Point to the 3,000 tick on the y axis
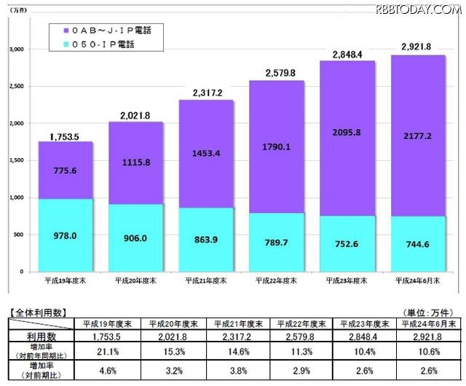[15, 50]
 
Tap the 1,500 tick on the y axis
[15, 160]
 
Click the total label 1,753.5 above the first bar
[65, 136]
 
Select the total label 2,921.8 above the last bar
[416, 47]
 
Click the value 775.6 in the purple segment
[65, 170]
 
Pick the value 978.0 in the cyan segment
[65, 235]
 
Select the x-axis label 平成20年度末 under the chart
[135, 279]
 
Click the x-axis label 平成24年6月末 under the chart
[416, 279]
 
